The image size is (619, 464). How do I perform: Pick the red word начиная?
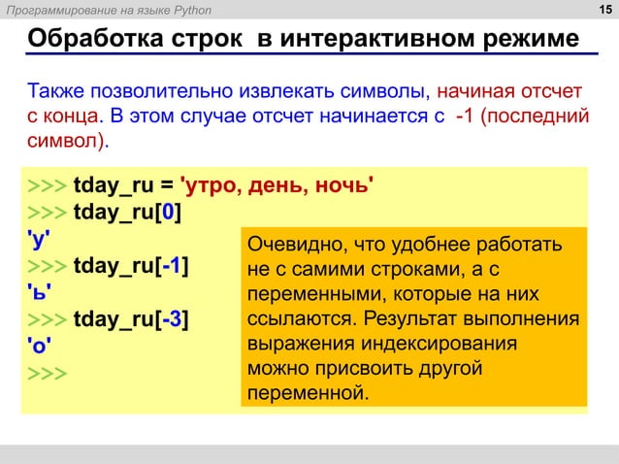pyautogui.click(x=474, y=93)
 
